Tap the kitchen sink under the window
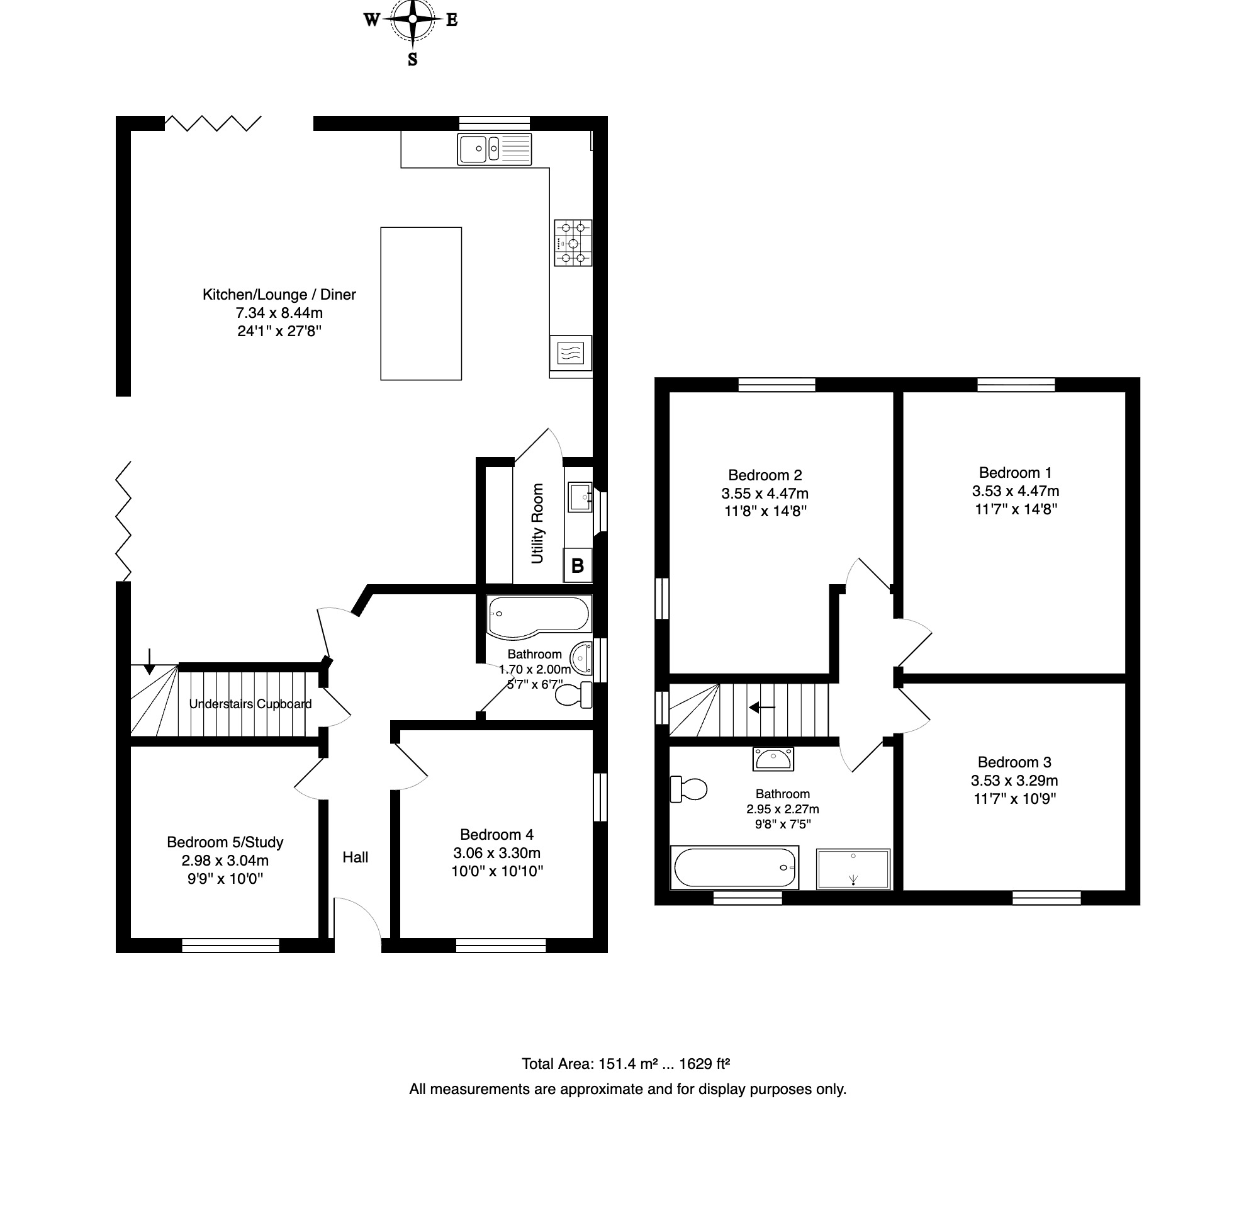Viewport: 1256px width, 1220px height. click(x=494, y=149)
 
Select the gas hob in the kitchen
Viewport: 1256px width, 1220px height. click(x=573, y=243)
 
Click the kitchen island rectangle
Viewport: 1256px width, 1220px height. click(x=421, y=303)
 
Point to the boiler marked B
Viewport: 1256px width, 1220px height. click(x=578, y=565)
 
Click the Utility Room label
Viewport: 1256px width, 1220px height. click(x=537, y=523)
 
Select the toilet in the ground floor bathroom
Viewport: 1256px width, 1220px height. click(x=573, y=695)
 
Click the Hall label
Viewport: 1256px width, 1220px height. click(x=355, y=857)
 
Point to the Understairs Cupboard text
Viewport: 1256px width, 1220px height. click(x=250, y=704)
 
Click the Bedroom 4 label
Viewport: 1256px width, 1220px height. click(x=496, y=834)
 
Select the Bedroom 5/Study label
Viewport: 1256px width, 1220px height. click(x=225, y=842)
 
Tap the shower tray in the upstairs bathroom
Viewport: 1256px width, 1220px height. click(x=853, y=869)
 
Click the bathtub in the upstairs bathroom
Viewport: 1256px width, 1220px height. click(x=734, y=867)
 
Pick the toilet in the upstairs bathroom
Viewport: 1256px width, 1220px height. click(x=688, y=789)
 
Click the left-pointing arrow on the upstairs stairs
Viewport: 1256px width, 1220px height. click(x=763, y=708)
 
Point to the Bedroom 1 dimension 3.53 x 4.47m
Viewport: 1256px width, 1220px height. click(x=1015, y=491)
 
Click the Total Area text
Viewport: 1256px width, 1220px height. click(x=626, y=1065)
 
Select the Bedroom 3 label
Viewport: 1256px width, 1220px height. click(x=1014, y=762)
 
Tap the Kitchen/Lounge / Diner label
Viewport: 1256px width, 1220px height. click(x=279, y=294)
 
